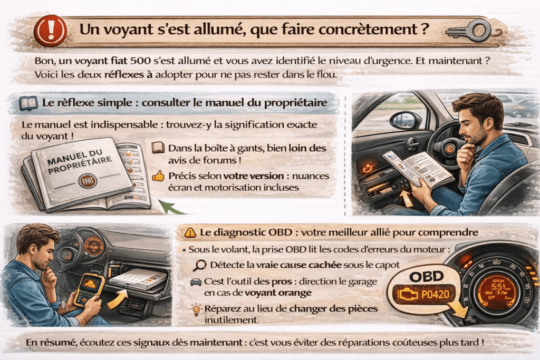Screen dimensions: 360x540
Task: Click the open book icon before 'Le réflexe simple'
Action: [28, 103]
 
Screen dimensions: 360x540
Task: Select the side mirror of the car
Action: [405, 121]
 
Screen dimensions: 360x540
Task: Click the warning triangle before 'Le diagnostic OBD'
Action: [190, 232]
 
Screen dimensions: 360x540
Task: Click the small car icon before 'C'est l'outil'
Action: [195, 283]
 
